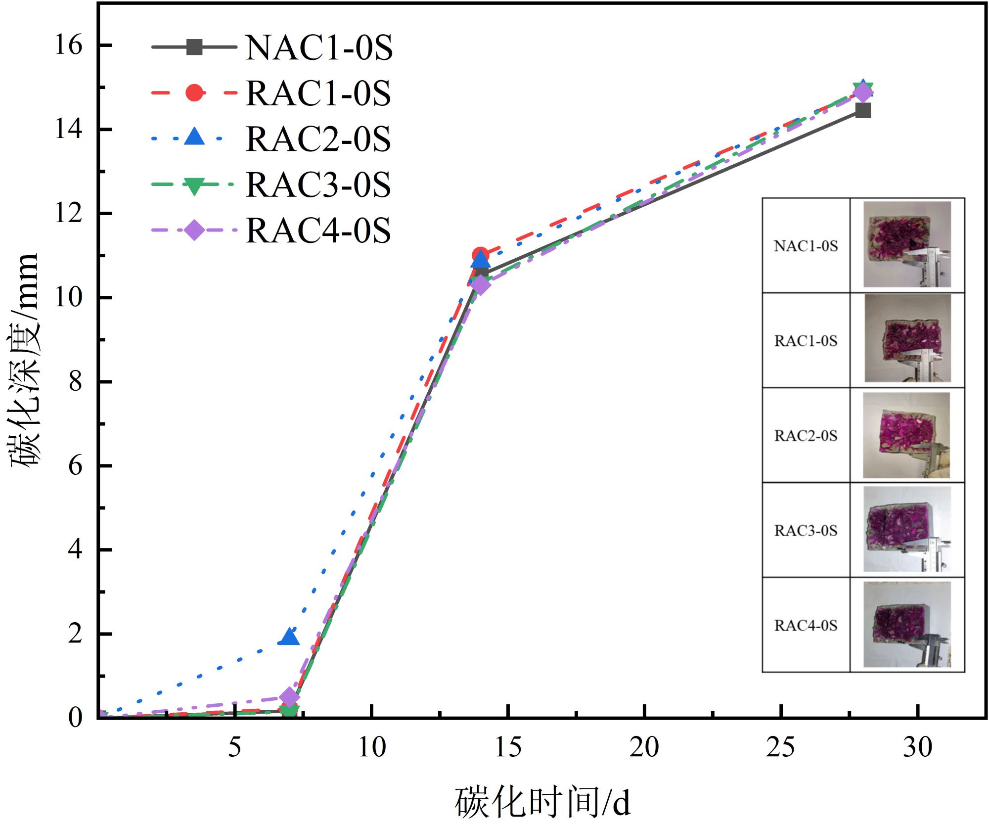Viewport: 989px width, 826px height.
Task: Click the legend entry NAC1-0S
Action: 319,47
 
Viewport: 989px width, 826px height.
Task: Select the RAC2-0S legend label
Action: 318,139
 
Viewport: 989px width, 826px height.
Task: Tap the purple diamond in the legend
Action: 194,230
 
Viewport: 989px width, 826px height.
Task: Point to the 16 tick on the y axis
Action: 69,46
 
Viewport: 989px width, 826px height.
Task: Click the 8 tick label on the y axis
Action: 75,382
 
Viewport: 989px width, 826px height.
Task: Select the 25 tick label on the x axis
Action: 780,747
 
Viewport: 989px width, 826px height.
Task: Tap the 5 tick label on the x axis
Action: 235,747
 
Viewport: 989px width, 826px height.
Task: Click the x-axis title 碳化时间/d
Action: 542,802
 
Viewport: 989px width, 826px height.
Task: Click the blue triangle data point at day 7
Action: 289,637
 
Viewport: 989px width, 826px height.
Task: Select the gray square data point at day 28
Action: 863,110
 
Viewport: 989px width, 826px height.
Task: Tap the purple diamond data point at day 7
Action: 289,697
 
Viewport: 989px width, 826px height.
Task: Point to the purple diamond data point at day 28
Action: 863,92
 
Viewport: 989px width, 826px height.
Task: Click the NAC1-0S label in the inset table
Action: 806,246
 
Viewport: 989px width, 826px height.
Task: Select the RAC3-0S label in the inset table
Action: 806,531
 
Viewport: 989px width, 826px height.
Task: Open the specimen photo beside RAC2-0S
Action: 906,435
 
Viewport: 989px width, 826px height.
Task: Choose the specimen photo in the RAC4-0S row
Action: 907,624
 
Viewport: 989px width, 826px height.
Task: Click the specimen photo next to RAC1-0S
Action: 907,338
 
